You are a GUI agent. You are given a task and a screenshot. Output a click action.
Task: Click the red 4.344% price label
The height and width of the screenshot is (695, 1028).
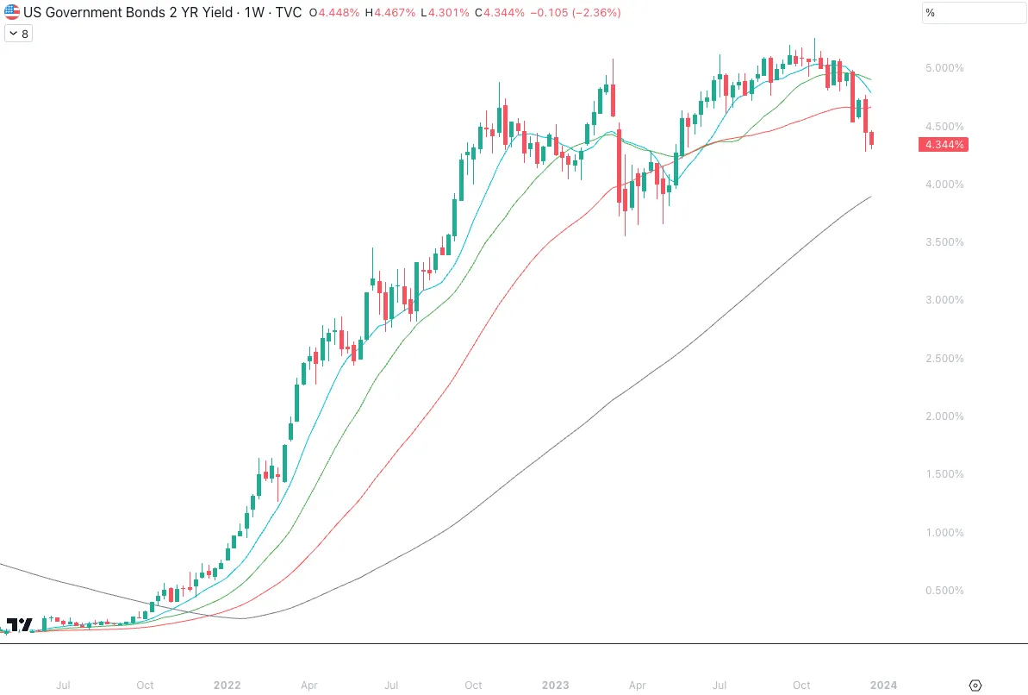(x=944, y=145)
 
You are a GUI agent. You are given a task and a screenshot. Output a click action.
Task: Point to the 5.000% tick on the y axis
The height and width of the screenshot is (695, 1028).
(x=944, y=68)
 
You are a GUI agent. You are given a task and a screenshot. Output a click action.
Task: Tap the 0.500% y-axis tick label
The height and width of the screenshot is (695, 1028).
(x=944, y=591)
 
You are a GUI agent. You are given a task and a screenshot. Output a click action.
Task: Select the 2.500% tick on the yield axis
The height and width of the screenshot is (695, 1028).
(x=944, y=359)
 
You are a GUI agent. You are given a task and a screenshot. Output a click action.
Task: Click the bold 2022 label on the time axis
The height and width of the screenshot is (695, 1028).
(x=227, y=686)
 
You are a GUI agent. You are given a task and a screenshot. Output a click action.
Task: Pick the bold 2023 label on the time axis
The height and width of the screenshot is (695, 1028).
(x=555, y=686)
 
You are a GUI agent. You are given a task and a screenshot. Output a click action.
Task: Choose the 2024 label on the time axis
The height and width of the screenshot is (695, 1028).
(x=883, y=686)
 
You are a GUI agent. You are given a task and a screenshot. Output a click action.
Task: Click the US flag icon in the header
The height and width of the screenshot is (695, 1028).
(x=12, y=13)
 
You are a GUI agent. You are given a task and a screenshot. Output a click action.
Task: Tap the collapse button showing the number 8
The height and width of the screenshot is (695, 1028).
(x=18, y=34)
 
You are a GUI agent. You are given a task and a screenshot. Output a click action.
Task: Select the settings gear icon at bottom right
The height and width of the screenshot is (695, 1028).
(x=975, y=686)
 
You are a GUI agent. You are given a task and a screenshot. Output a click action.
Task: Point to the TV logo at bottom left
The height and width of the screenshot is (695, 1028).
(x=19, y=624)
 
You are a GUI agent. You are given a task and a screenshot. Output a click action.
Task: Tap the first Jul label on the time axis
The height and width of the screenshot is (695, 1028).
(x=63, y=686)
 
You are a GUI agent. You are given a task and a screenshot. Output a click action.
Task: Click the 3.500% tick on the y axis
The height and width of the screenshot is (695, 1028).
(x=944, y=242)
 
